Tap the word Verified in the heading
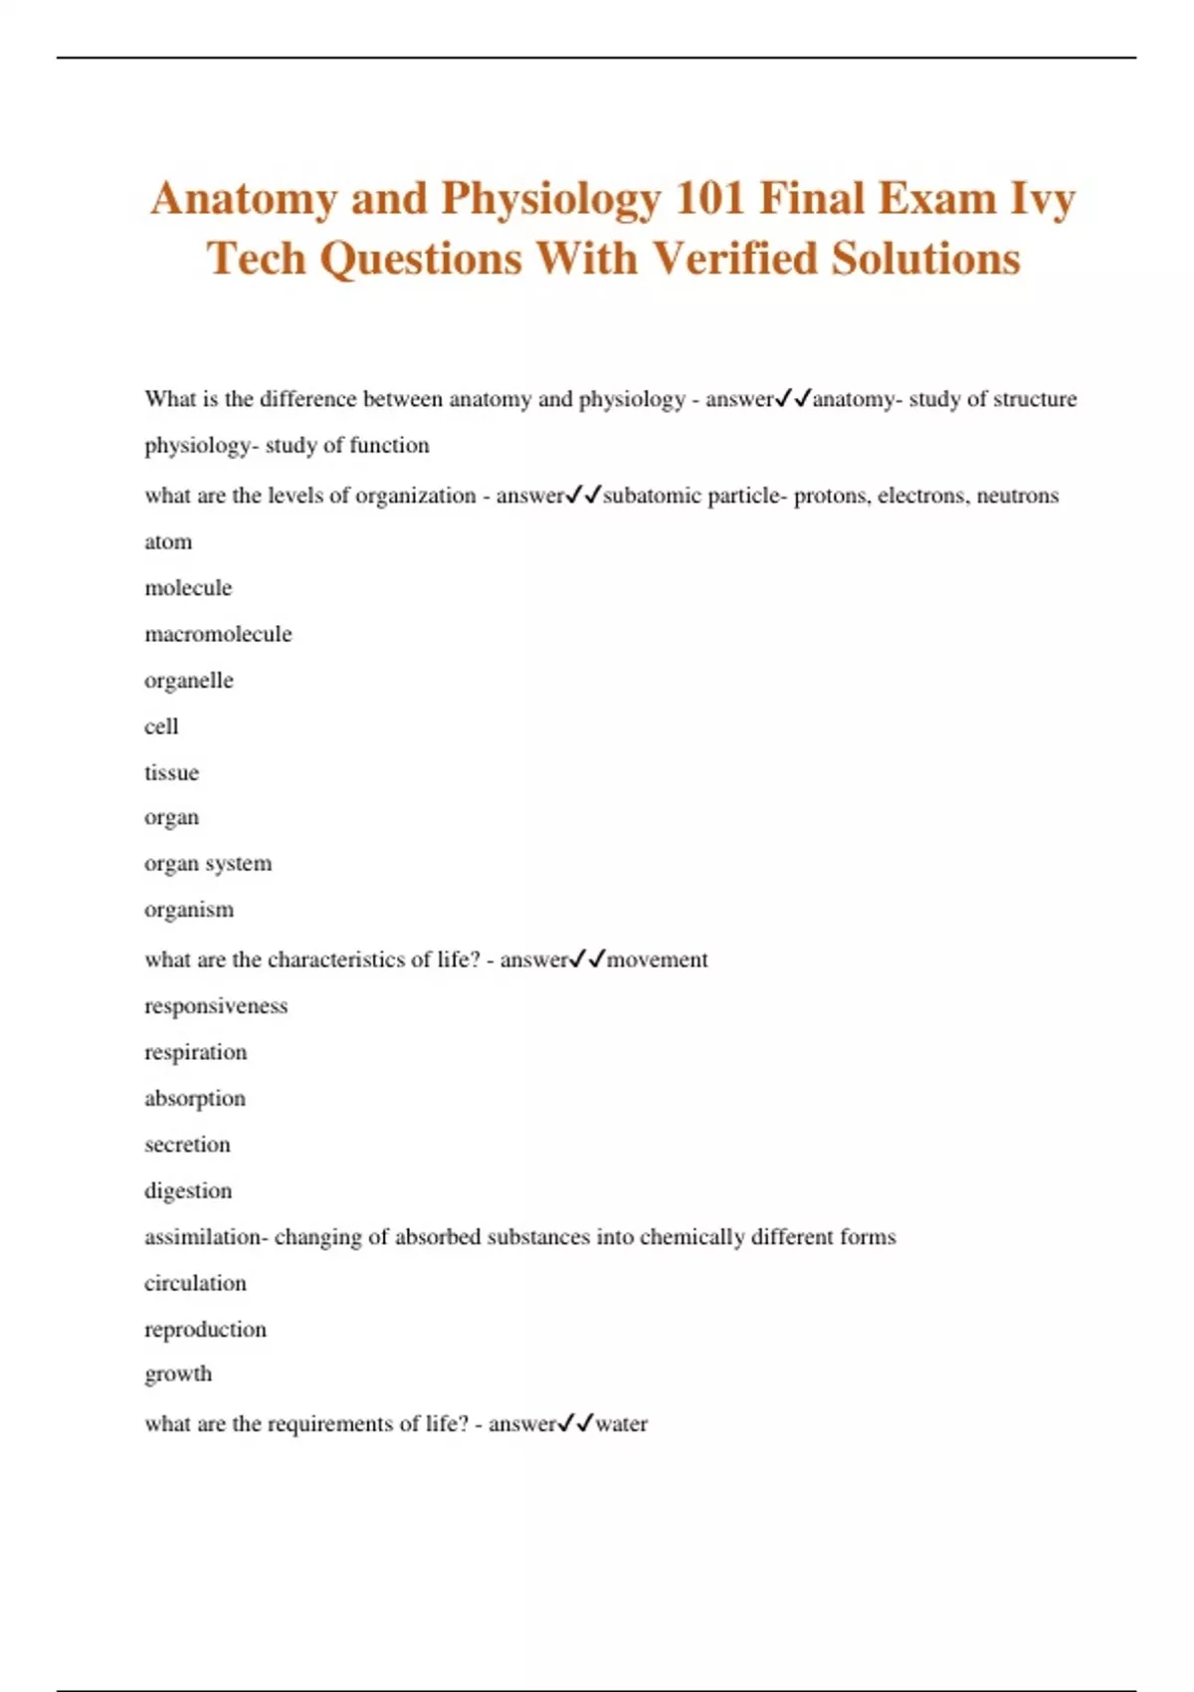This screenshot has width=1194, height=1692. pyautogui.click(x=736, y=259)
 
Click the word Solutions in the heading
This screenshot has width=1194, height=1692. pyautogui.click(x=926, y=259)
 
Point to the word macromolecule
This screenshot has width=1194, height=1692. pyautogui.click(x=218, y=634)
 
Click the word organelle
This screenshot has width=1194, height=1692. pyautogui.click(x=189, y=681)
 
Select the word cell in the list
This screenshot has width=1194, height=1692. pyautogui.click(x=161, y=727)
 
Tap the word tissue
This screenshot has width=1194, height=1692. pyautogui.click(x=171, y=772)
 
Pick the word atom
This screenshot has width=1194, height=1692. pyautogui.click(x=168, y=542)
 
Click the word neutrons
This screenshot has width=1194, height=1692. pyautogui.click(x=1017, y=496)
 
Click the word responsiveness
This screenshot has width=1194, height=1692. pyautogui.click(x=216, y=1006)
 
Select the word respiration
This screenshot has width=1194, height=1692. pyautogui.click(x=195, y=1052)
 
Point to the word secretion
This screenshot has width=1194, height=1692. pyautogui.click(x=187, y=1145)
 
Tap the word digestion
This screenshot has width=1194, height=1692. pyautogui.click(x=188, y=1191)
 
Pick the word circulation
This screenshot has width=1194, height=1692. pyautogui.click(x=195, y=1283)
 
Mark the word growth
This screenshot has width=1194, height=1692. pyautogui.click(x=178, y=1375)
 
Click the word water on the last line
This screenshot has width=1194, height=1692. pyautogui.click(x=621, y=1424)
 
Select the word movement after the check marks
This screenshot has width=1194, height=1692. pyautogui.click(x=657, y=960)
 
